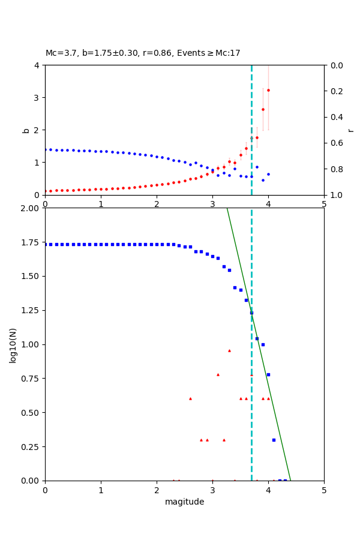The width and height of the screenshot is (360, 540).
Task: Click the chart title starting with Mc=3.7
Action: [x=143, y=53]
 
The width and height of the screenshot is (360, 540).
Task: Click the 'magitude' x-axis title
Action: [x=184, y=502]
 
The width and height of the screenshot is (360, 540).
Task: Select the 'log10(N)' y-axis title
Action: [x=13, y=345]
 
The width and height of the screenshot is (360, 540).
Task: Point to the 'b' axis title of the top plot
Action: [x=26, y=130]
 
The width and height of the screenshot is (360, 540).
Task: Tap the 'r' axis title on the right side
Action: [x=350, y=130]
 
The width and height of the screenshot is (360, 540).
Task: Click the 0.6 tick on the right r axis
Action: [x=334, y=143]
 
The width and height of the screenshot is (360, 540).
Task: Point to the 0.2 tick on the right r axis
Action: [x=334, y=91]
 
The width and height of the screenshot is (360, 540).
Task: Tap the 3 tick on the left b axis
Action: [x=37, y=98]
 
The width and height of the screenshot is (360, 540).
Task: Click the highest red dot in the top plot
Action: [x=268, y=91]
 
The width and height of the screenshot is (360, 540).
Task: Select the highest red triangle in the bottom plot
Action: [x=229, y=350]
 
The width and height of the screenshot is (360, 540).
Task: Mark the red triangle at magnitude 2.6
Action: [x=190, y=398]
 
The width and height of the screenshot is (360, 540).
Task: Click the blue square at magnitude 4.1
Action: [x=274, y=440]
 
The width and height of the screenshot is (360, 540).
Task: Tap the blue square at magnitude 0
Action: [x=45, y=244]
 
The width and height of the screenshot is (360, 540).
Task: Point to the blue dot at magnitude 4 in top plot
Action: [x=268, y=175]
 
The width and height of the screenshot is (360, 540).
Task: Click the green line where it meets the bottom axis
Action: [x=290, y=481]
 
